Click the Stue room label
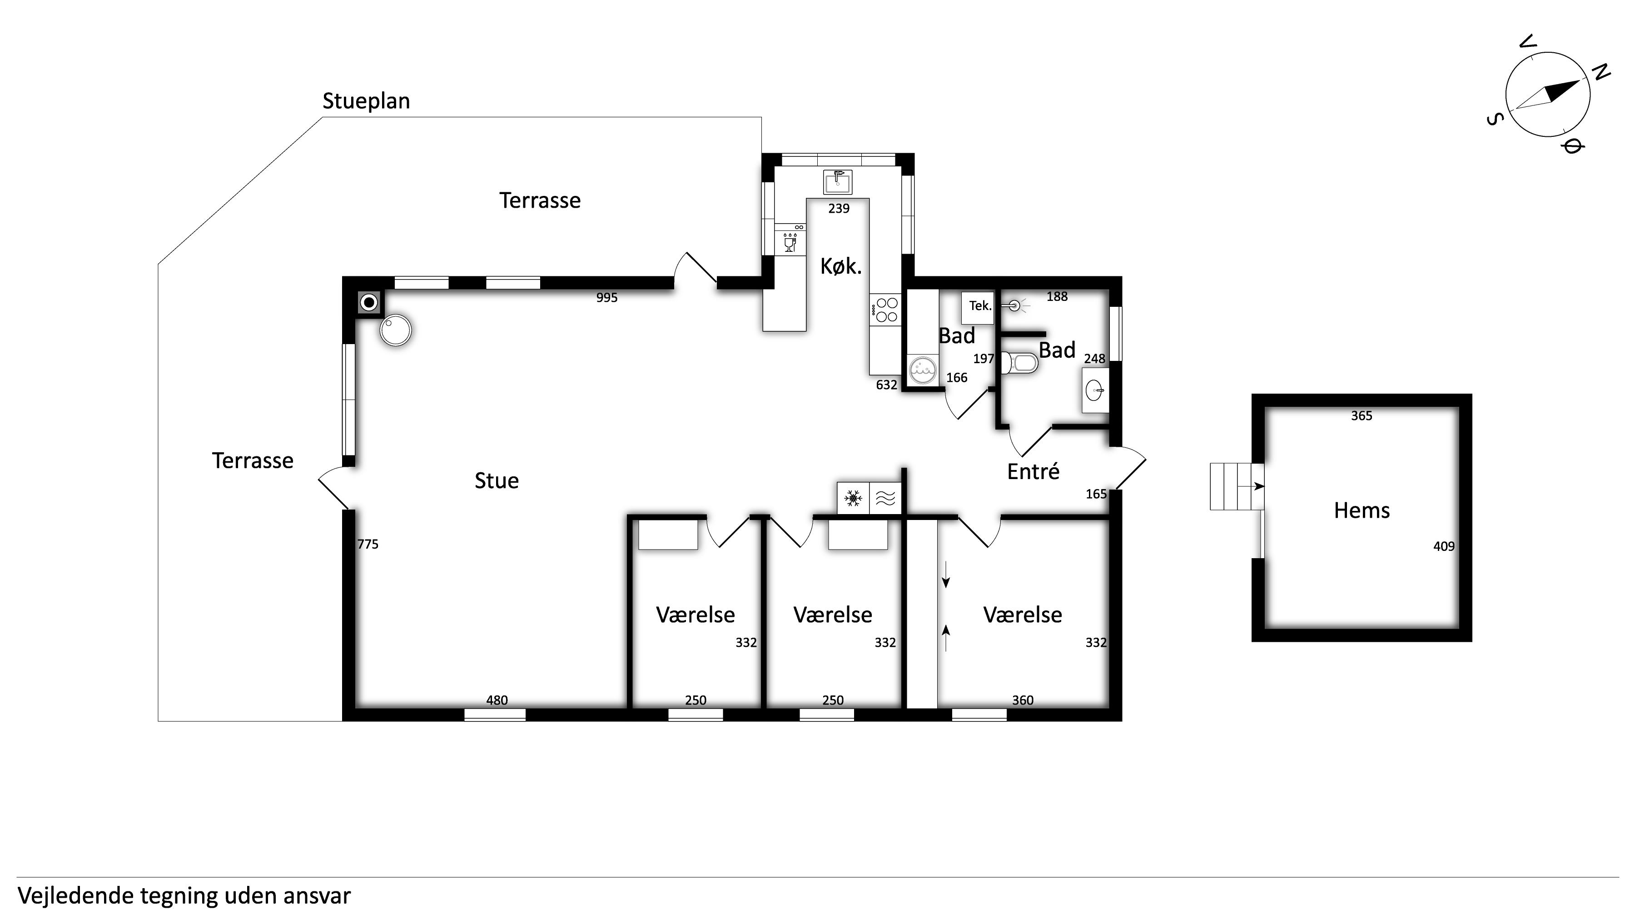point(497,480)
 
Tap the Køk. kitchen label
point(841,266)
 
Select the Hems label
point(1362,510)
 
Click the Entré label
point(1034,471)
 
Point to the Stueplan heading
point(366,101)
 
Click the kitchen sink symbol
point(838,182)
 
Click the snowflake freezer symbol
point(853,499)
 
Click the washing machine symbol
point(923,370)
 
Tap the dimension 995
point(607,298)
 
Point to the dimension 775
point(368,544)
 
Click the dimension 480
point(497,700)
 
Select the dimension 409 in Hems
point(1444,546)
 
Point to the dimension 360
point(1023,700)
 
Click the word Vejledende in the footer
point(75,896)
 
